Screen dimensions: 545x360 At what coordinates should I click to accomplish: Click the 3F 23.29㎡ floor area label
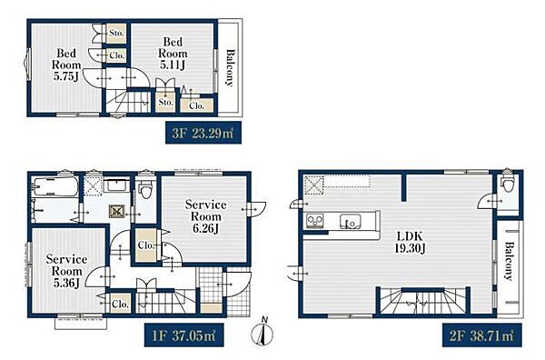pos(203,133)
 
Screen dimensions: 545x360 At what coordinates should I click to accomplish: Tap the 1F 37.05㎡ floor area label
pos(183,335)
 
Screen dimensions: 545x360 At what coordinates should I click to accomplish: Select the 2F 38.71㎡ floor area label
pos(481,335)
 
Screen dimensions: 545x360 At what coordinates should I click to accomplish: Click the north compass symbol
pos(263,332)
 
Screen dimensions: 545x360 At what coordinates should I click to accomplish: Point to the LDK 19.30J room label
pos(411,243)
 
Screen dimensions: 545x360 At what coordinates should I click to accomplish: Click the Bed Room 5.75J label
pos(66,65)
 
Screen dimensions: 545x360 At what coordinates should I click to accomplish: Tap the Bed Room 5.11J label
pos(173,54)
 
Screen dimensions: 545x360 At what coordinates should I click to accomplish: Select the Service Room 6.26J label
pos(206,216)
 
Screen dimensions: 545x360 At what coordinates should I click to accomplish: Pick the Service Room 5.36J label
pos(66,271)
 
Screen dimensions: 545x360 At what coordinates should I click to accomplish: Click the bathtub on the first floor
pos(54,186)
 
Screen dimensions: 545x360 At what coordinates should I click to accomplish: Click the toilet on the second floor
pos(507,184)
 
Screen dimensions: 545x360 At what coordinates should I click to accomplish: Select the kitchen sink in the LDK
pos(350,221)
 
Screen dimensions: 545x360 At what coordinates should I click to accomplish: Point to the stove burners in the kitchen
pos(315,221)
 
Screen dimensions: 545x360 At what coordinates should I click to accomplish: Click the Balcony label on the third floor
pos(230,67)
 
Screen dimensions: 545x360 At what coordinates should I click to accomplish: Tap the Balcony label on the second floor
pos(509,261)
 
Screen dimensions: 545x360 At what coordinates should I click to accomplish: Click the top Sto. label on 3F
pos(116,34)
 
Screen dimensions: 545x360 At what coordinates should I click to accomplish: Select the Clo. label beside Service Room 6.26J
pos(146,245)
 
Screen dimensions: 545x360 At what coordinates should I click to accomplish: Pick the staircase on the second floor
pos(423,301)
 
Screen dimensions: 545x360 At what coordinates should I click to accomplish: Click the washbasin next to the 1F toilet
pos(118,185)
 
